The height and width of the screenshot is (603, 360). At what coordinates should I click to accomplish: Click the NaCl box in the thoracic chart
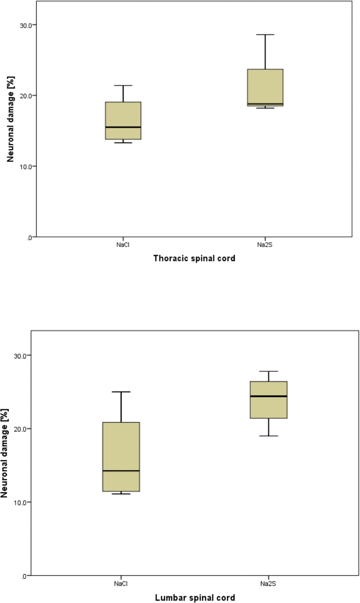(123, 120)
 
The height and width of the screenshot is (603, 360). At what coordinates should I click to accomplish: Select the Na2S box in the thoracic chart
(265, 87)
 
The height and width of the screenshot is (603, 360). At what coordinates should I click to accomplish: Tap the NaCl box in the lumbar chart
(121, 456)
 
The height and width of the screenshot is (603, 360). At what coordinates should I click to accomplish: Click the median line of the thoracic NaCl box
(123, 127)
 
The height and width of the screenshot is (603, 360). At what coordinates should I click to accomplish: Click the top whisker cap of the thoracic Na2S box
(265, 35)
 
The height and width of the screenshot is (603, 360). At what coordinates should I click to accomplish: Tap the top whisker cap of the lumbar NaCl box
(121, 392)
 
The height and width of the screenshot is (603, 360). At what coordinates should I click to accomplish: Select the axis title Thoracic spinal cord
(194, 258)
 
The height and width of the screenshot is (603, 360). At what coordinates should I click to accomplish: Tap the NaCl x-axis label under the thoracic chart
(123, 244)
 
